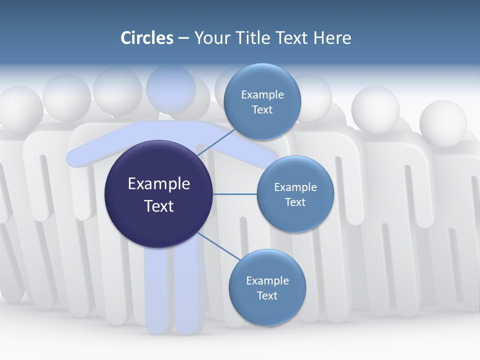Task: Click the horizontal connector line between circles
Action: (x=234, y=194)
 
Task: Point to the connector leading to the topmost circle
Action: (x=216, y=142)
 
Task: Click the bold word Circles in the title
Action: (x=147, y=38)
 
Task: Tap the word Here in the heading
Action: (x=332, y=38)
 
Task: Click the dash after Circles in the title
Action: (x=183, y=38)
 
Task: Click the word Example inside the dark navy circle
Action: (x=159, y=183)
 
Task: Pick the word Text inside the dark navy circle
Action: (x=159, y=206)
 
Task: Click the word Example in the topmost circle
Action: (x=262, y=94)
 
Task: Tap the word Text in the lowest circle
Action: (x=267, y=295)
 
